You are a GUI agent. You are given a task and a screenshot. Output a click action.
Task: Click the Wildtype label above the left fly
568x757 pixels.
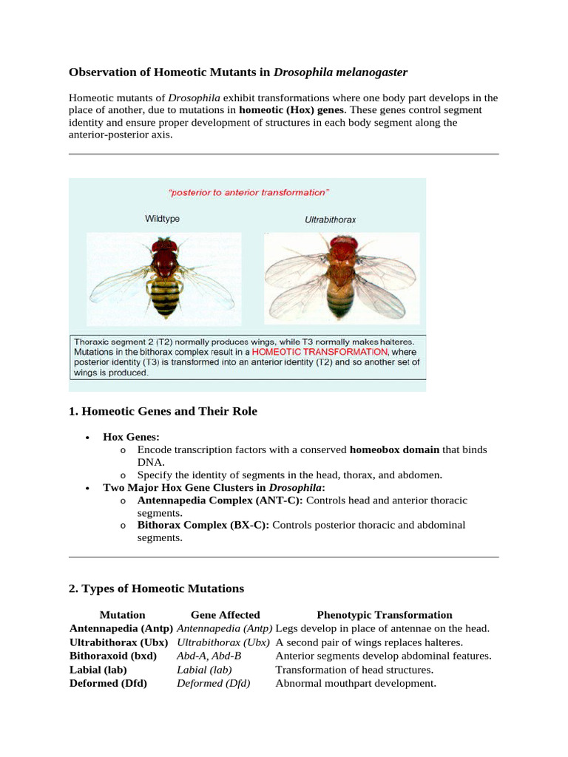tap(162, 219)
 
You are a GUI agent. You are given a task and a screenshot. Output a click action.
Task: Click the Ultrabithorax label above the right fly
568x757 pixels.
tap(331, 220)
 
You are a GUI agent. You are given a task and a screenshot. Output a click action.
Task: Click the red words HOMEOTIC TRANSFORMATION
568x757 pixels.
tap(328, 352)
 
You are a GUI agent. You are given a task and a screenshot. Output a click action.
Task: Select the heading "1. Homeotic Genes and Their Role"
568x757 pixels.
tap(163, 411)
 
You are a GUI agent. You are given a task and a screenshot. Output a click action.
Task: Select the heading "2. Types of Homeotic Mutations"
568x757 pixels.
tap(156, 588)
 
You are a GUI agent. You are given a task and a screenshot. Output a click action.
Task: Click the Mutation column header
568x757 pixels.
tap(122, 614)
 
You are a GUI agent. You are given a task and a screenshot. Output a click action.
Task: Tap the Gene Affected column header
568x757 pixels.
tap(225, 614)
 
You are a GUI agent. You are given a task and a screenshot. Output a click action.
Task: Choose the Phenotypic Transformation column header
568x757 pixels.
tap(384, 614)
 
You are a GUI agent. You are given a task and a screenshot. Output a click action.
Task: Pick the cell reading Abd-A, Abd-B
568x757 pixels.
tap(209, 656)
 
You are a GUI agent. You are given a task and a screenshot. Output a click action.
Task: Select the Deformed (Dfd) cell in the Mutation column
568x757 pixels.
tap(108, 683)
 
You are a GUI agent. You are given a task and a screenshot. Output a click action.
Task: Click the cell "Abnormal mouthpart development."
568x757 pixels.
tap(356, 683)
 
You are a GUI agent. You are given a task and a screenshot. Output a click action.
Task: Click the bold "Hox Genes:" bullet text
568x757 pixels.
tap(132, 437)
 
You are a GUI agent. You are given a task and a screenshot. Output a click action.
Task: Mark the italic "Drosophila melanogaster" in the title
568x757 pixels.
tap(340, 72)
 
